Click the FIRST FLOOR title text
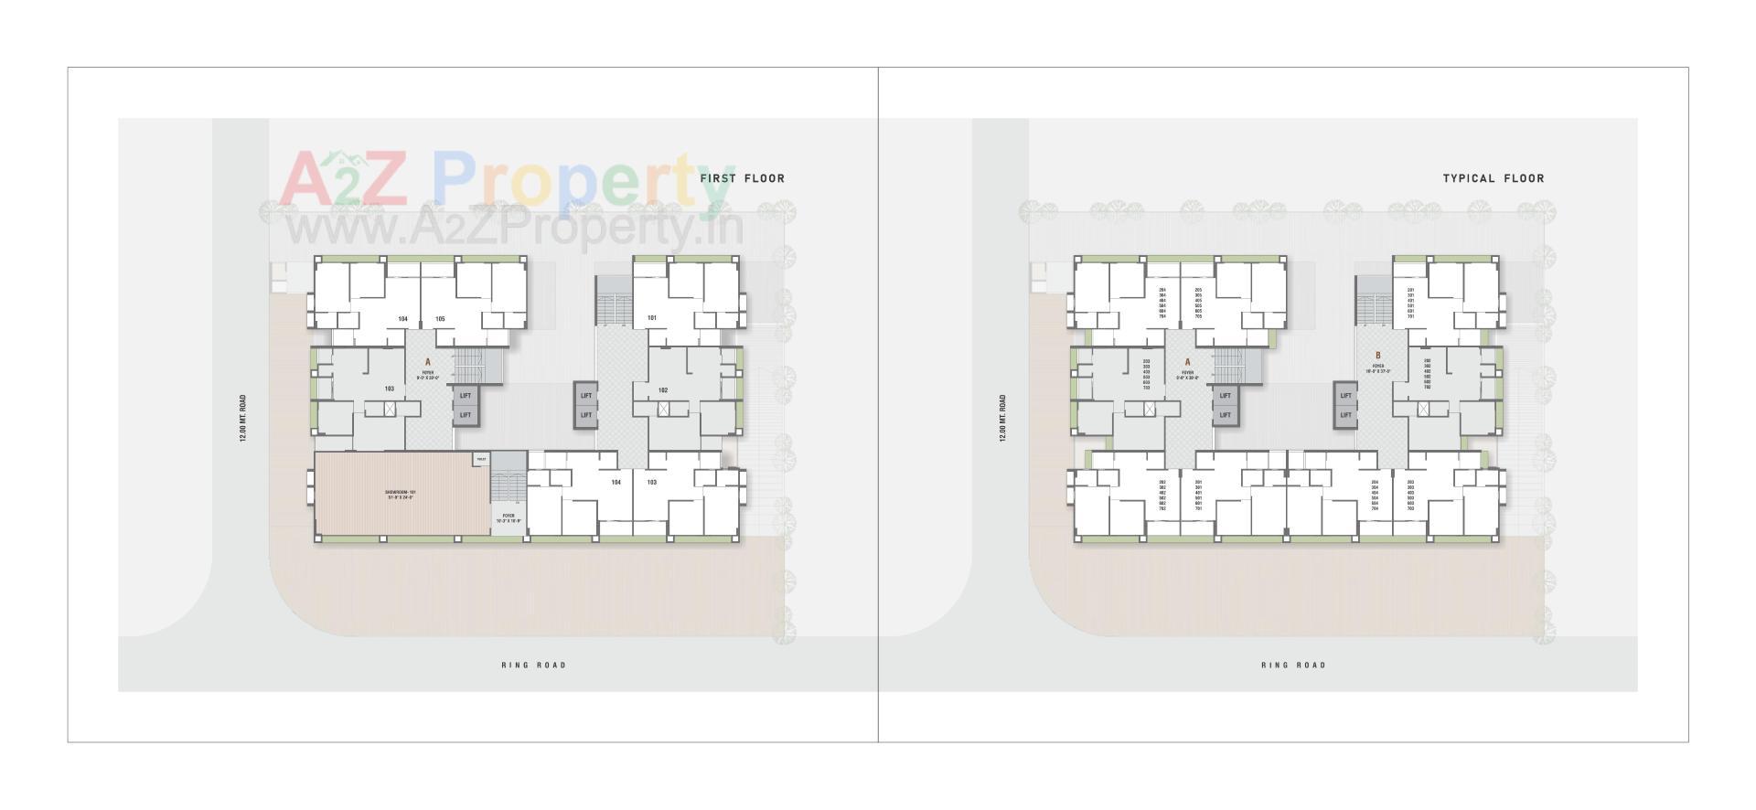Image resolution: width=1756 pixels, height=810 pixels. tap(742, 178)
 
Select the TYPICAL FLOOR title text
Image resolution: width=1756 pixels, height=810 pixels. tap(1493, 178)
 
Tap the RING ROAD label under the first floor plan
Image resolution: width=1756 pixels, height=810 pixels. tap(533, 665)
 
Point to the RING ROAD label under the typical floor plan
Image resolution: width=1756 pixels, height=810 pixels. tap(1293, 665)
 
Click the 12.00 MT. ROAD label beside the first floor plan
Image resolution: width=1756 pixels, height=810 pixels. tap(243, 419)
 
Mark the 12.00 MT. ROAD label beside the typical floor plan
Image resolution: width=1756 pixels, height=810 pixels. tap(1003, 419)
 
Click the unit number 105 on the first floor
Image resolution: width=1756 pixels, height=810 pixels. tap(440, 319)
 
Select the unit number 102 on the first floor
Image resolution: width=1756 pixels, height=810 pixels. tap(663, 390)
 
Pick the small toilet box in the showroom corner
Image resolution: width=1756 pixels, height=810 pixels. tap(480, 459)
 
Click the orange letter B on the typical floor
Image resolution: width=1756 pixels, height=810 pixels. tap(1378, 356)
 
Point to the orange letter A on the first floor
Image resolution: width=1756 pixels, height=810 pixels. tap(427, 363)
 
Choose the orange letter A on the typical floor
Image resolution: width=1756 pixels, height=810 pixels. tap(1187, 363)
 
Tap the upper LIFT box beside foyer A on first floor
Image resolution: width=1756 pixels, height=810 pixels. tap(466, 396)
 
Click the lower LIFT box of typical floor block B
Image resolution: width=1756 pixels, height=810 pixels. tap(1345, 415)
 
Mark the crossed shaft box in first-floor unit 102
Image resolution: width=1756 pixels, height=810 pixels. tap(663, 409)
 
